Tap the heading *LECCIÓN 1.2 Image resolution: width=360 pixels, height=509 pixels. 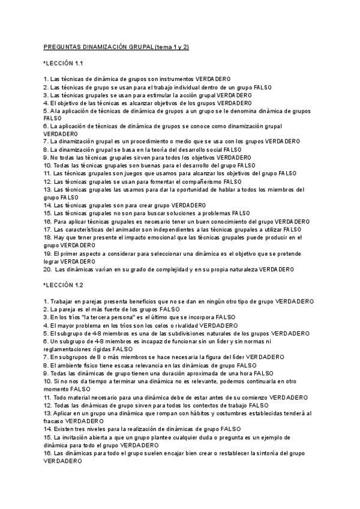[63, 285]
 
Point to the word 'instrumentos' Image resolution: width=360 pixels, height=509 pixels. [177, 79]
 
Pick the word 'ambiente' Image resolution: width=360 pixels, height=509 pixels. [67, 364]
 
